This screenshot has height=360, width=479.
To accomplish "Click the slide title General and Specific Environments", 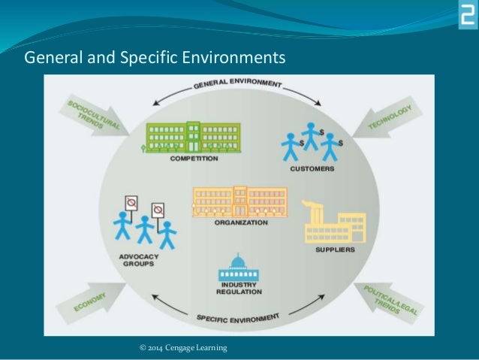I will [x=155, y=57].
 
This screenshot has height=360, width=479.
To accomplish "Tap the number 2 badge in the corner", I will [x=467, y=14].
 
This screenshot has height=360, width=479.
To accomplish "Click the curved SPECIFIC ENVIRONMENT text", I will [x=237, y=319].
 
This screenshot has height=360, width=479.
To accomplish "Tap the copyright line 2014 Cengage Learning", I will [x=184, y=347].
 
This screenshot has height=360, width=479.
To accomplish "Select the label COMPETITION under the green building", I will [x=194, y=159].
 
